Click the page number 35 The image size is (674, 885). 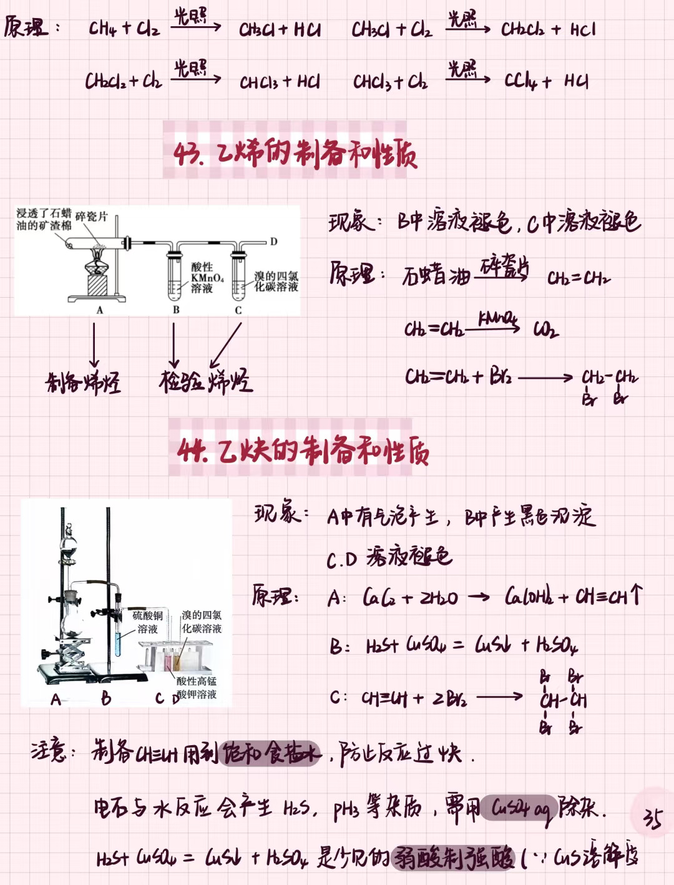[x=652, y=818]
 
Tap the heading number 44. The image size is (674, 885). [x=193, y=451]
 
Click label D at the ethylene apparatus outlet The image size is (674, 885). [x=273, y=242]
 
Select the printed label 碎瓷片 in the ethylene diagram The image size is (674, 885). [x=92, y=217]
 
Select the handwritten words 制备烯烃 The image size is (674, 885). [x=83, y=381]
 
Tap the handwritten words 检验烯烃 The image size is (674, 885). [x=205, y=380]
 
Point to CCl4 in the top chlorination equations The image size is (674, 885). [x=520, y=81]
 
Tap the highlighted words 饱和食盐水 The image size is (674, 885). [x=271, y=753]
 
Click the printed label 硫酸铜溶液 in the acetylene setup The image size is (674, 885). [x=148, y=622]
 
